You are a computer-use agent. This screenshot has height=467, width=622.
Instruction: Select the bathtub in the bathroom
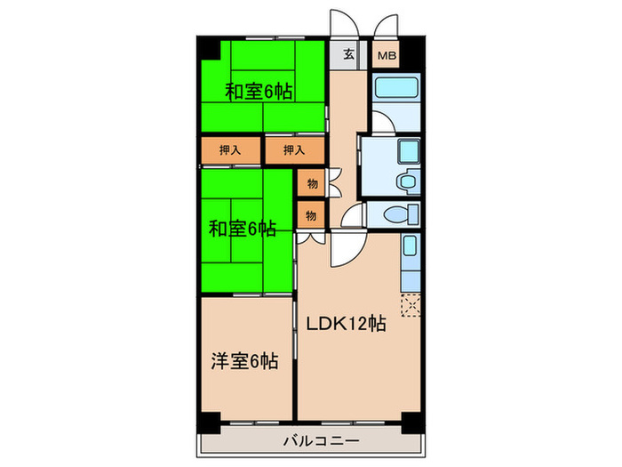point(395,89)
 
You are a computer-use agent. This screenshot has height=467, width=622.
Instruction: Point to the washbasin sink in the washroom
point(408,181)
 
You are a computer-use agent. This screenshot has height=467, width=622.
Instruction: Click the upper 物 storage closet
point(312,184)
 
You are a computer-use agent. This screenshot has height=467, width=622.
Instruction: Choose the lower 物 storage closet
point(312,214)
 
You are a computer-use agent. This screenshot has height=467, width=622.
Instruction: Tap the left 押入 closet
point(230,150)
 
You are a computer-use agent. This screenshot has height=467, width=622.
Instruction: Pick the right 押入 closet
point(293,150)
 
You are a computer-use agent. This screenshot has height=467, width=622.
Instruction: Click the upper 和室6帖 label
point(258,91)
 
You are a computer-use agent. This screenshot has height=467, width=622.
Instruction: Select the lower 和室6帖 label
point(242,229)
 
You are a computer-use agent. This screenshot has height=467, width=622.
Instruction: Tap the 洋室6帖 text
point(244,361)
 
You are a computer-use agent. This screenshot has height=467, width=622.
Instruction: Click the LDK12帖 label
point(346,324)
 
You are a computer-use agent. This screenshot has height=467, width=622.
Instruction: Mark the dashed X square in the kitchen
point(411,304)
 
